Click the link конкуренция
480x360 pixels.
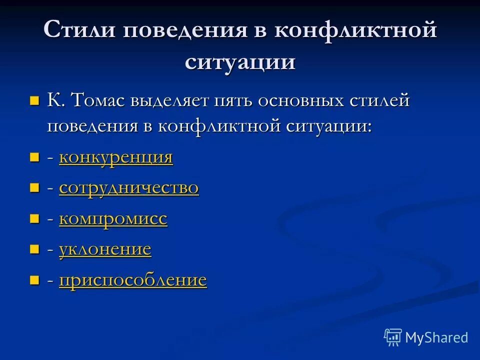tap(116, 157)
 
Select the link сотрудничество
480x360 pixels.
tap(129, 188)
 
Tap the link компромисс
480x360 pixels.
tap(113, 219)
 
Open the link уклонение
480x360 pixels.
tap(105, 249)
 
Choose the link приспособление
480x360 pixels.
tap(133, 280)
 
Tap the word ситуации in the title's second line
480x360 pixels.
tap(240, 62)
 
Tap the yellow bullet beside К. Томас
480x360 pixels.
tap(34, 101)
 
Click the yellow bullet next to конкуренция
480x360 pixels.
tap(34, 158)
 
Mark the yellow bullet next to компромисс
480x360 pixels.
tap(34, 219)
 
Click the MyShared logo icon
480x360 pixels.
tap(393, 337)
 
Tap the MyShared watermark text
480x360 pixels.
tap(436, 337)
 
